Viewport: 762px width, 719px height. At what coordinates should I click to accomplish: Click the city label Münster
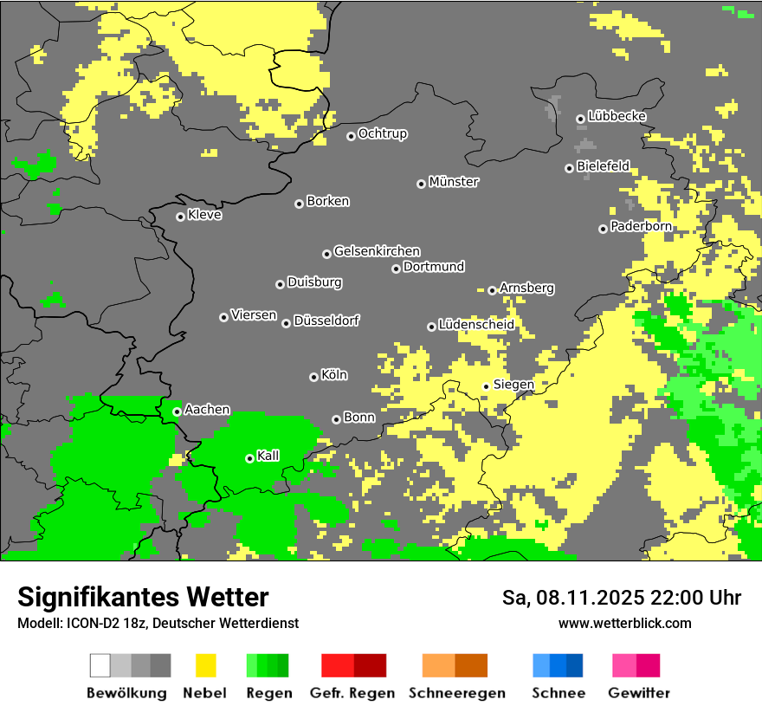click(x=454, y=182)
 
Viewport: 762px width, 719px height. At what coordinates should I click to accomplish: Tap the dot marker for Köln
click(x=313, y=377)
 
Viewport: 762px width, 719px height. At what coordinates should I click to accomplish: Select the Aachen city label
click(x=207, y=409)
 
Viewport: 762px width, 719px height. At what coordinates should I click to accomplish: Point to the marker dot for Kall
click(x=249, y=458)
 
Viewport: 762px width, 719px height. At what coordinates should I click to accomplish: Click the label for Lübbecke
click(x=617, y=116)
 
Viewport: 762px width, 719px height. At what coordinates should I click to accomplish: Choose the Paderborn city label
click(x=641, y=226)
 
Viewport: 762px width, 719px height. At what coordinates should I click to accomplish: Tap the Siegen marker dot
click(x=486, y=386)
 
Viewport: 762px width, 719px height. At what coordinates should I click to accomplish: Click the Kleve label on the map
click(x=204, y=215)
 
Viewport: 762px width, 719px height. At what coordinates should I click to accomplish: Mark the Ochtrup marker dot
click(x=351, y=136)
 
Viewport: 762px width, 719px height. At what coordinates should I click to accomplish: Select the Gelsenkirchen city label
click(x=377, y=251)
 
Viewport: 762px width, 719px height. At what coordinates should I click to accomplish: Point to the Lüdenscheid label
click(x=476, y=325)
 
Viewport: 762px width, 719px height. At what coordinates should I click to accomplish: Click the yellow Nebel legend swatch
click(x=205, y=665)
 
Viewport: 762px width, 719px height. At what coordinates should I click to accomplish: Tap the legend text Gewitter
click(x=638, y=693)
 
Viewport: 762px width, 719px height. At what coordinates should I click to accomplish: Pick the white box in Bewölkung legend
click(x=100, y=665)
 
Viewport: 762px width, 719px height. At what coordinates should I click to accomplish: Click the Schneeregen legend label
click(x=456, y=693)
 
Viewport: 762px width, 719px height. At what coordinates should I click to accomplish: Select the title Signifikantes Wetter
click(x=143, y=597)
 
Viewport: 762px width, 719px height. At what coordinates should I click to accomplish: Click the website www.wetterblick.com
click(x=624, y=623)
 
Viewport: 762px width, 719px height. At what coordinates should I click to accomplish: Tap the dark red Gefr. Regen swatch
click(x=370, y=665)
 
